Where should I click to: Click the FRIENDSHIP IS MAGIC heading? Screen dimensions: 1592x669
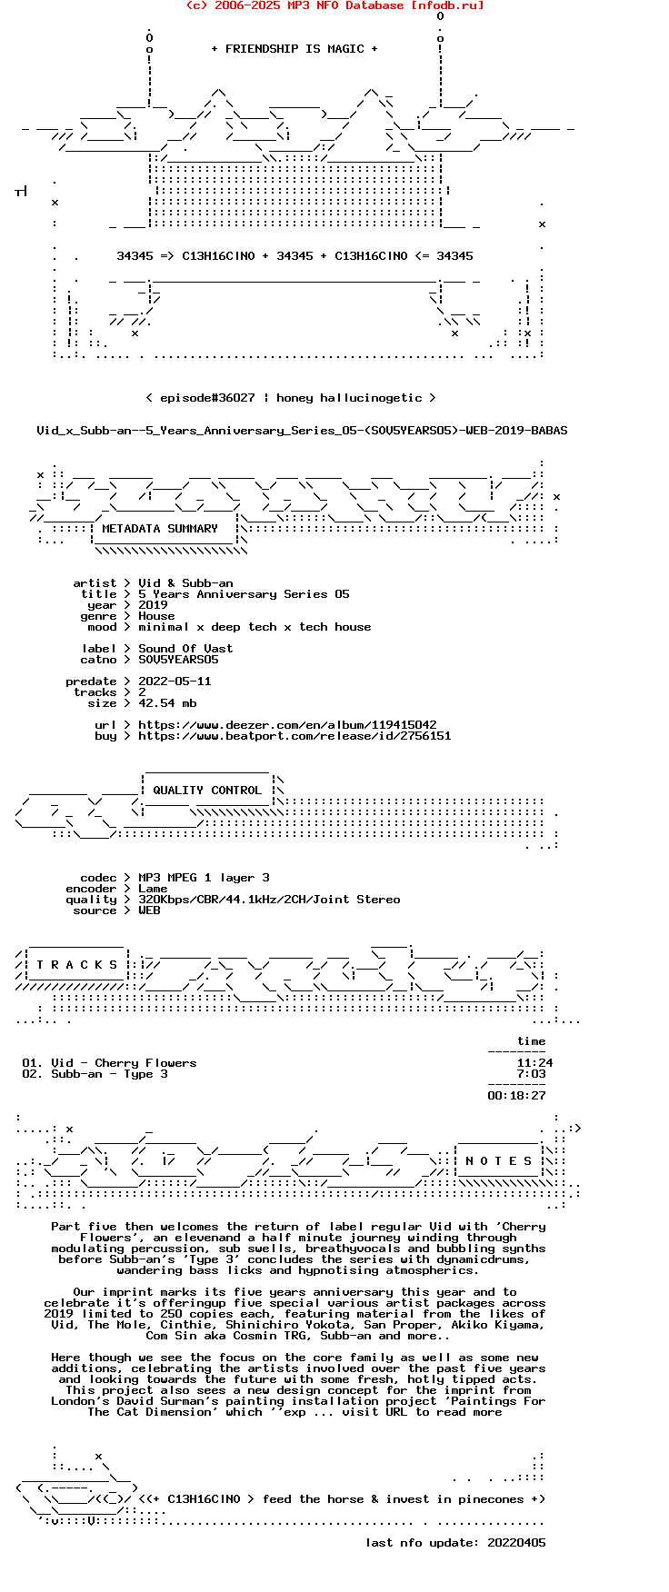(295, 49)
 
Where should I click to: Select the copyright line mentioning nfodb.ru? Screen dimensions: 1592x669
(334, 5)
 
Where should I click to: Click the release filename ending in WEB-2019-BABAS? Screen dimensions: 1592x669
(302, 431)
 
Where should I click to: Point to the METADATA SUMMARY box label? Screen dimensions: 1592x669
(160, 529)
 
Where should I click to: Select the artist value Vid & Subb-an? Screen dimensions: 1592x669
(185, 583)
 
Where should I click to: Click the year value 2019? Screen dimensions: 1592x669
(153, 605)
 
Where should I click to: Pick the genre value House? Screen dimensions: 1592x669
(156, 616)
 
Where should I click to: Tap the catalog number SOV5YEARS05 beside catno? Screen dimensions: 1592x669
(178, 660)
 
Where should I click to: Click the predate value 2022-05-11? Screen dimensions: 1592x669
(175, 682)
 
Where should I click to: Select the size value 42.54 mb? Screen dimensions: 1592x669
(167, 703)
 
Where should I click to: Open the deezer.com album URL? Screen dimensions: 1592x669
(287, 725)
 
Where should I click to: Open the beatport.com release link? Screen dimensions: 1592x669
(295, 736)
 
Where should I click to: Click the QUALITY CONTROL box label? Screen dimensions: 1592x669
(207, 791)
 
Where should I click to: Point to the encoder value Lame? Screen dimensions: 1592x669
(153, 889)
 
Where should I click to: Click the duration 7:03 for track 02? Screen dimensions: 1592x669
(532, 1074)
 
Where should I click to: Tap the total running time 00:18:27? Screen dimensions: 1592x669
(516, 1096)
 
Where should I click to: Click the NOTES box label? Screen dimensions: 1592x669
(498, 1161)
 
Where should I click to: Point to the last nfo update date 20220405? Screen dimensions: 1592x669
(516, 1543)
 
